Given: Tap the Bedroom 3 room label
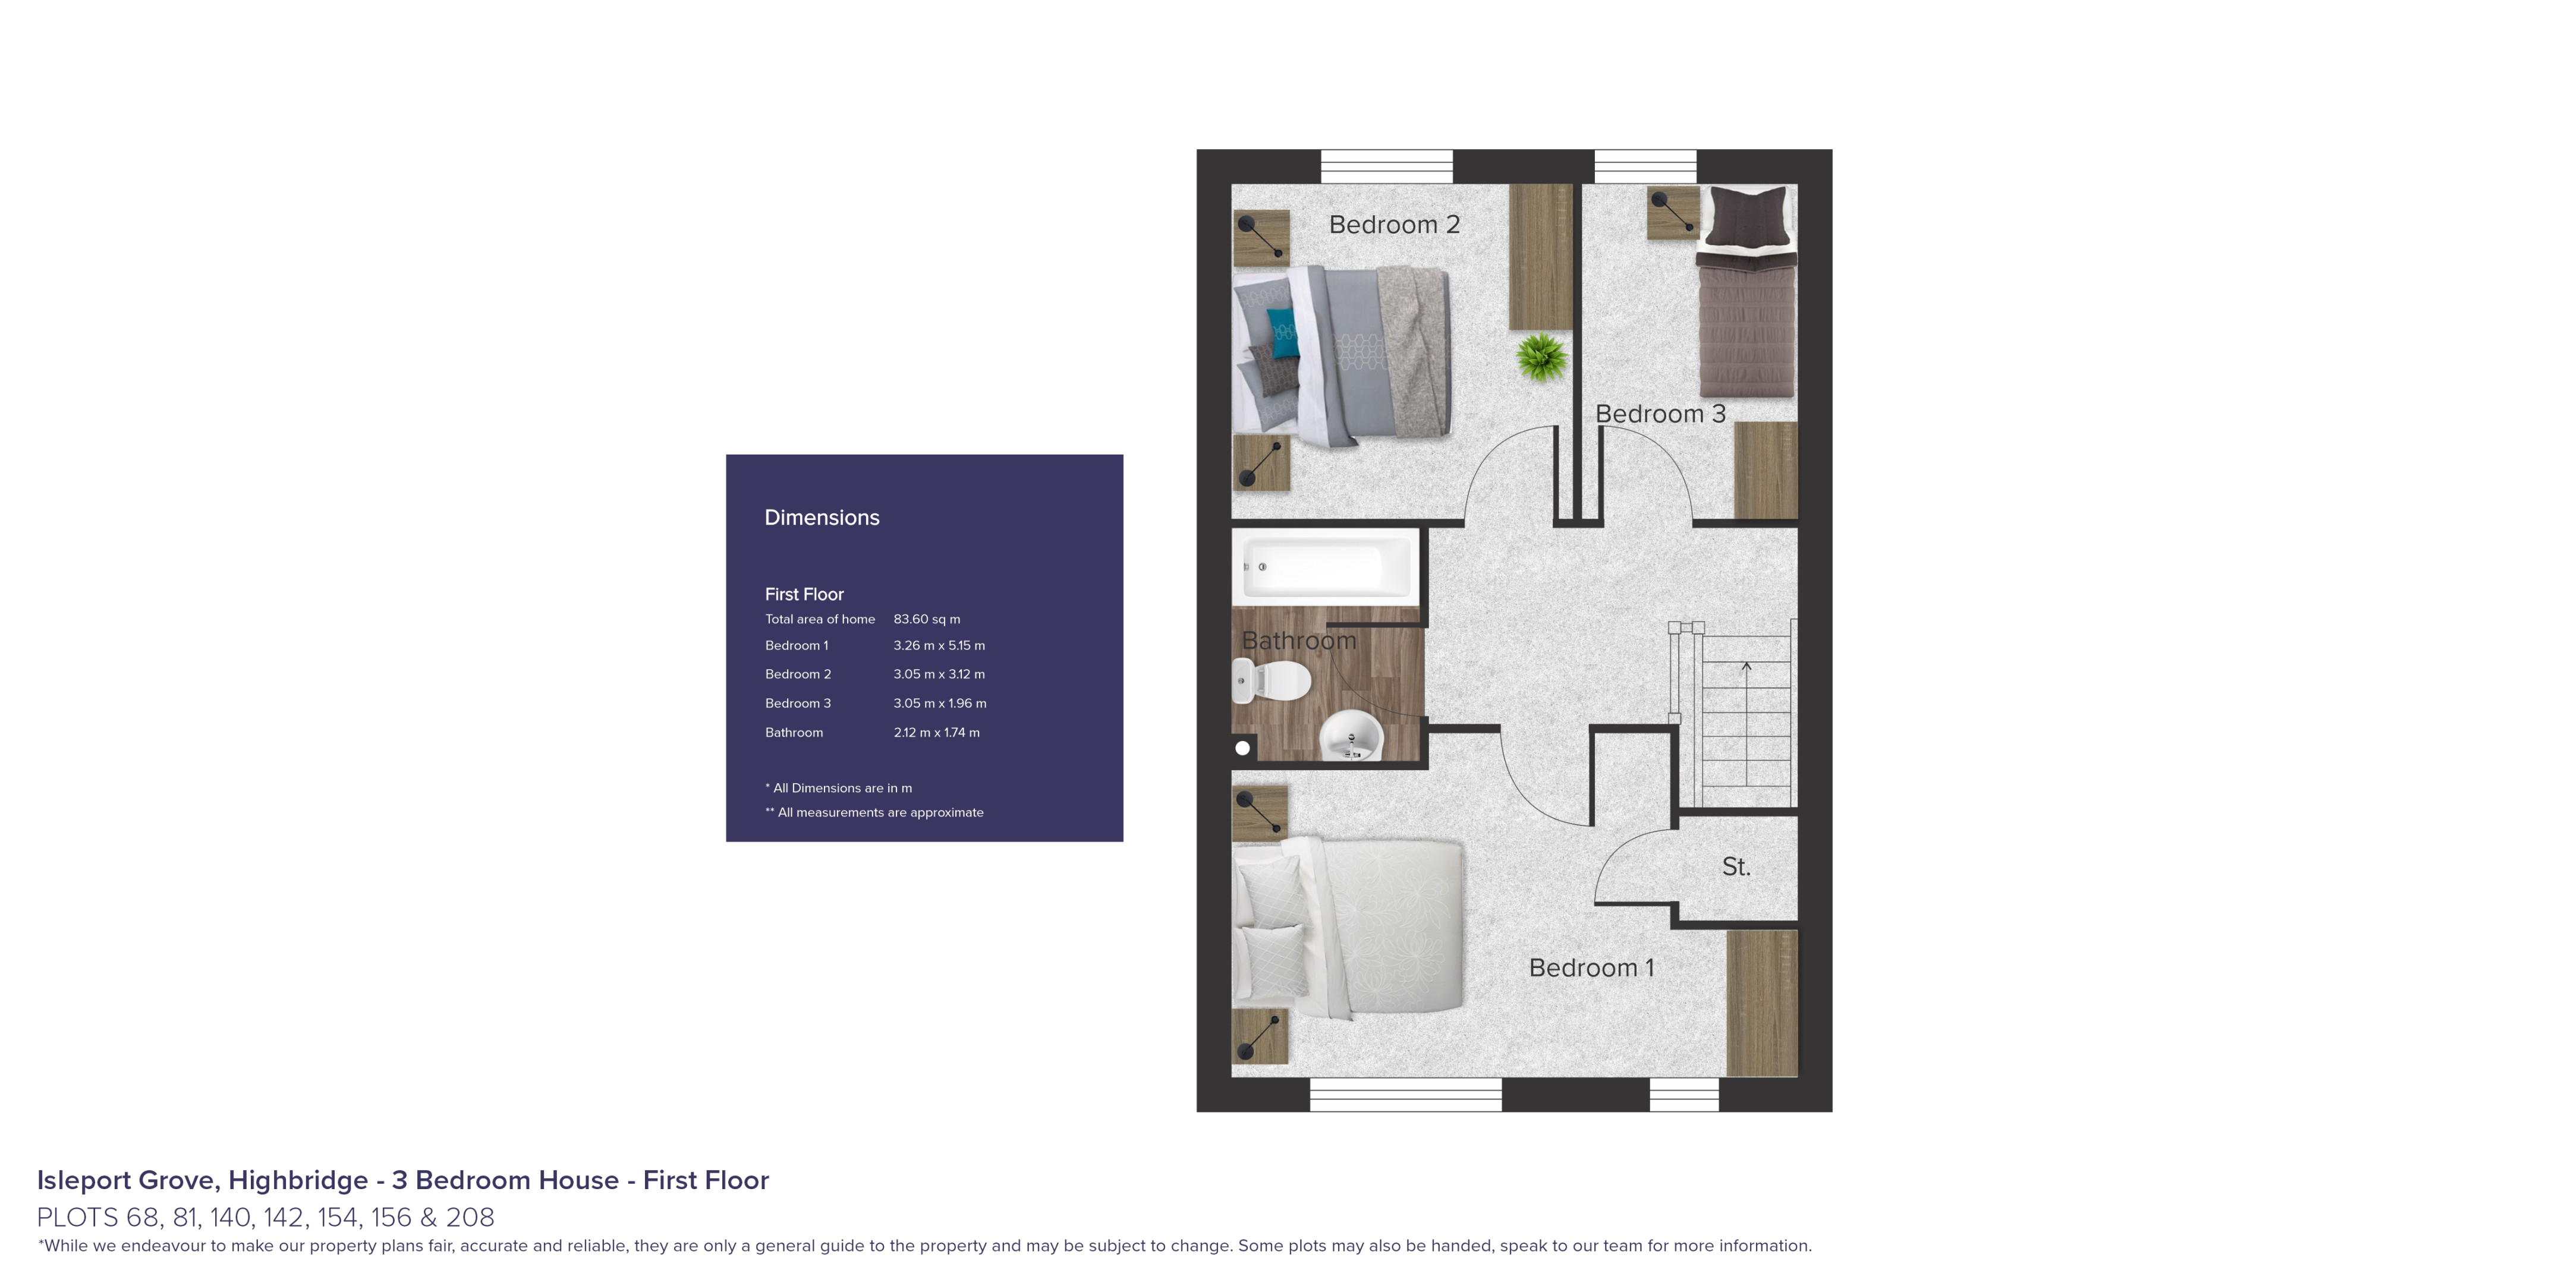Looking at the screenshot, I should (x=1660, y=414).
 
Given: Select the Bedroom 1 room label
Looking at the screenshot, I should (x=1591, y=968).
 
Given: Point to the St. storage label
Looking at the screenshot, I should (x=1736, y=867).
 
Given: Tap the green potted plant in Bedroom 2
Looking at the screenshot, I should (x=1541, y=358).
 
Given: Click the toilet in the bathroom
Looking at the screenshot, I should (x=1273, y=682).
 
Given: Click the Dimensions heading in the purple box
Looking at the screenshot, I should (x=822, y=518).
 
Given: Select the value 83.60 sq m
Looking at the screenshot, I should (x=926, y=619).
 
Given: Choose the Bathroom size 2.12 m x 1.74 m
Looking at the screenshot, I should (x=936, y=733).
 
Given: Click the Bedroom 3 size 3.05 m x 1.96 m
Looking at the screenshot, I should (x=939, y=704).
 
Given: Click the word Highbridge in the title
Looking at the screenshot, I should (x=298, y=1180).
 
